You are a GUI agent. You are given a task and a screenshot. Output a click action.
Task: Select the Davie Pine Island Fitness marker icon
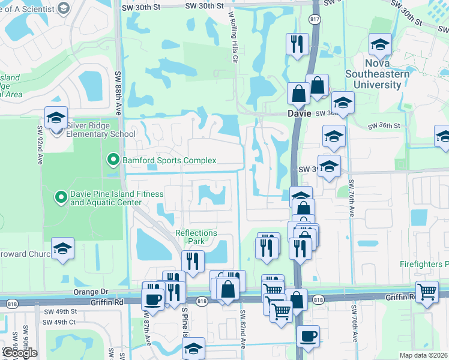pos(61,196)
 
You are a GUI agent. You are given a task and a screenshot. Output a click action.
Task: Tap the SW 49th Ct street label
pos(59,322)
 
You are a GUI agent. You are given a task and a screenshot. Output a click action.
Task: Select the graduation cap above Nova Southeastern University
pos(379,44)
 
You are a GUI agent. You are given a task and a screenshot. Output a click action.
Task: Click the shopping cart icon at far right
pos(427,291)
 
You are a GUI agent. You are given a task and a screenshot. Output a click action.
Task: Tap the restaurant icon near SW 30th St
pos(297,43)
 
